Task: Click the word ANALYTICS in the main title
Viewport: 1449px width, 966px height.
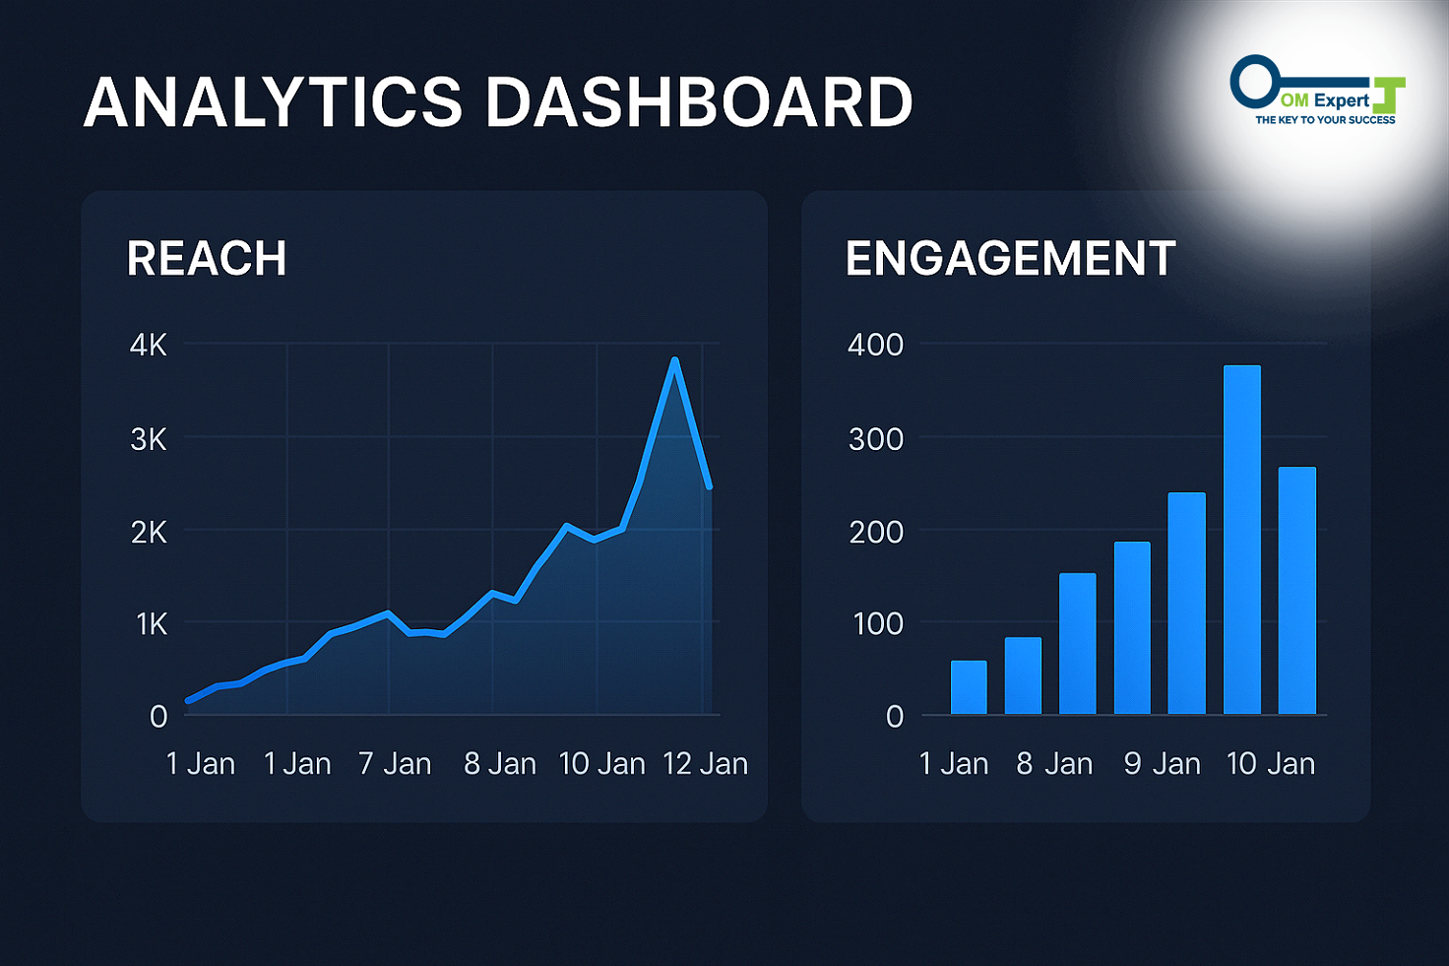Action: click(x=274, y=102)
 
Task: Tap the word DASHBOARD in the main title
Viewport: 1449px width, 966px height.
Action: click(x=700, y=102)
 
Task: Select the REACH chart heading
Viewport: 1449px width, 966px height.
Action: click(x=207, y=259)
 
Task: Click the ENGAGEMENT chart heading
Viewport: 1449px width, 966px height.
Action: click(x=1011, y=259)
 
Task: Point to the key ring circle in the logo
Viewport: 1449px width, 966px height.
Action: click(x=1254, y=81)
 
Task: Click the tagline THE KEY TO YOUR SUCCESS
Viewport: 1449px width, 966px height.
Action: click(x=1325, y=120)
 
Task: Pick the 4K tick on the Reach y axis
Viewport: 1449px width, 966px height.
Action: click(x=149, y=346)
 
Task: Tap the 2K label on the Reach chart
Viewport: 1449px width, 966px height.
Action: click(x=149, y=533)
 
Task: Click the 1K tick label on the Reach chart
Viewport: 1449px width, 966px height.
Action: click(x=152, y=624)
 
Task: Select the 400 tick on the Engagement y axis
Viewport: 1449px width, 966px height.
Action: click(x=875, y=346)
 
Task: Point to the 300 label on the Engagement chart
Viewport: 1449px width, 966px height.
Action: click(x=875, y=439)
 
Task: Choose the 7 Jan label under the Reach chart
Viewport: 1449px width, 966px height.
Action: click(x=395, y=764)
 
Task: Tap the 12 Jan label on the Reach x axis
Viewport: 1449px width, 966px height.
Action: click(x=705, y=764)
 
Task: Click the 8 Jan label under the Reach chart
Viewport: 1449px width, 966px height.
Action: click(x=500, y=764)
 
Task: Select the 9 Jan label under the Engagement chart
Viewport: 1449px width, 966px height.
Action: click(x=1163, y=764)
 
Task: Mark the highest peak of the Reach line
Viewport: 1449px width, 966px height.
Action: click(x=674, y=360)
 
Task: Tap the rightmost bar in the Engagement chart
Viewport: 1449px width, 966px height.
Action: click(x=1296, y=591)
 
